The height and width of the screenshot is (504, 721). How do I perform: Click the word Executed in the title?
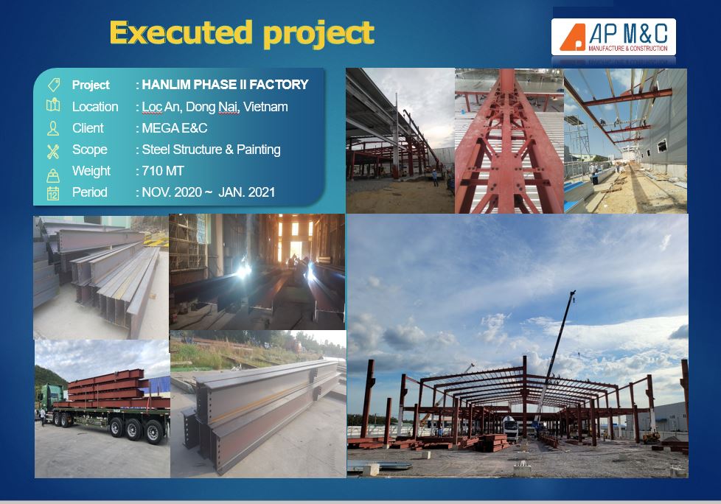[181, 32]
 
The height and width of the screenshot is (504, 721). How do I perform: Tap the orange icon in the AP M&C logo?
[572, 38]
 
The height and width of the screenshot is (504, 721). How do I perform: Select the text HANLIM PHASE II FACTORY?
[225, 85]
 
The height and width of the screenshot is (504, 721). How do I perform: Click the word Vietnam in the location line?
[265, 107]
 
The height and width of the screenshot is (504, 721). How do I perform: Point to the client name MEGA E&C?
[174, 127]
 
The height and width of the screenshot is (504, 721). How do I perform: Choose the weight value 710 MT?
[163, 171]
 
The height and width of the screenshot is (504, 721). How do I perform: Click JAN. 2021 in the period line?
[246, 192]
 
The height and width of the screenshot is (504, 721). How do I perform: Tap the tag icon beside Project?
[54, 85]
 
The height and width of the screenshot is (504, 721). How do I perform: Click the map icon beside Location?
[53, 105]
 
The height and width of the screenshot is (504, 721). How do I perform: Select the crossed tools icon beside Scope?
[53, 151]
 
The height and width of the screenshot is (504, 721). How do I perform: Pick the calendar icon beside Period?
[53, 194]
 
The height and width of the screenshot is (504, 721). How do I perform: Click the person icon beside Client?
[53, 128]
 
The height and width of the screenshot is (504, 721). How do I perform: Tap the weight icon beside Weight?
[53, 175]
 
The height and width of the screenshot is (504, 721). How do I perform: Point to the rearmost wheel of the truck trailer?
[154, 432]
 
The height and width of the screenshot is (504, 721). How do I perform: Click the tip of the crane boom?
[574, 292]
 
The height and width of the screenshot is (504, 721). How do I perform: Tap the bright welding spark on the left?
[243, 271]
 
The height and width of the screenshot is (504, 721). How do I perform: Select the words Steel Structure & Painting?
[211, 150]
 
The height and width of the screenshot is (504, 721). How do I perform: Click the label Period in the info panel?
[90, 192]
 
